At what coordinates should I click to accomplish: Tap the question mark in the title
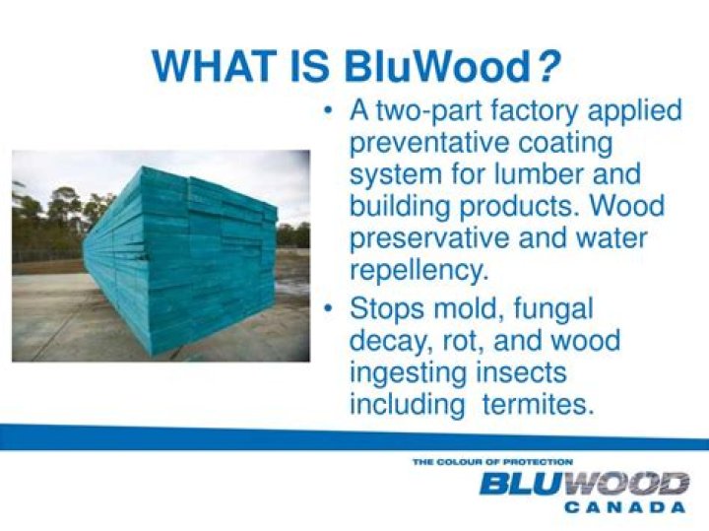548,66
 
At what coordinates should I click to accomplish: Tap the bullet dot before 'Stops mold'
330,309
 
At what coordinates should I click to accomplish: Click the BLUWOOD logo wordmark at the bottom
583,484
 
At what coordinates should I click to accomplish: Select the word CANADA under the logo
625,506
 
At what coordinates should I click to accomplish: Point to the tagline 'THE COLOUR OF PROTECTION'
492,461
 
